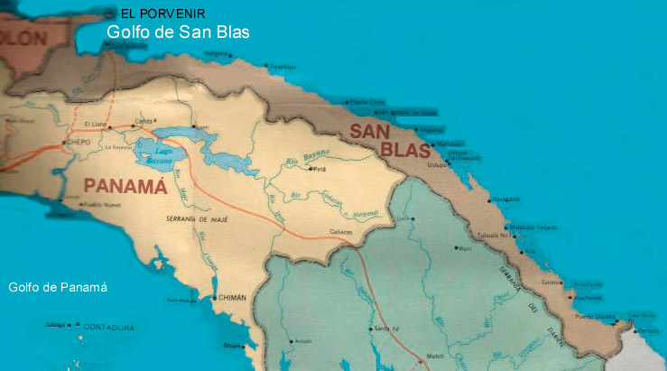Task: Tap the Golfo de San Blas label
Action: click(x=178, y=32)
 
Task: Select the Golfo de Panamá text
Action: click(x=58, y=287)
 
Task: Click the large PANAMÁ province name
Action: click(x=125, y=187)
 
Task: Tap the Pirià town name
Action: click(x=320, y=168)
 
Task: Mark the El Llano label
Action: click(x=95, y=124)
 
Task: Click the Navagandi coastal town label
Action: click(x=506, y=199)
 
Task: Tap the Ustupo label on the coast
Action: click(x=438, y=164)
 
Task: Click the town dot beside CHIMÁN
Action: click(x=214, y=297)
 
